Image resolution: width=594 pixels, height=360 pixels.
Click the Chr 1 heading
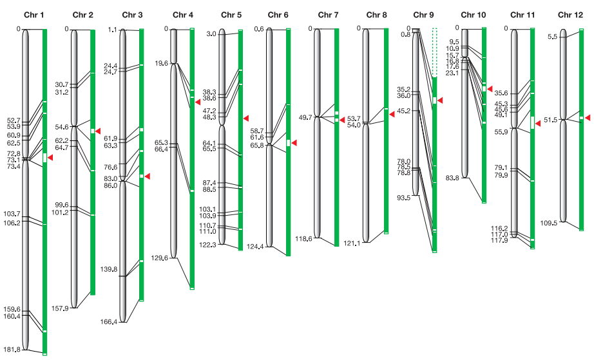34,15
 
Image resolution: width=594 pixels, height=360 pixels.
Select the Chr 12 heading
570,15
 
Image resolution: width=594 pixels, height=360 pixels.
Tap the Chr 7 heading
328,15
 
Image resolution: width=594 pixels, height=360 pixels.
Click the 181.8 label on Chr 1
12,349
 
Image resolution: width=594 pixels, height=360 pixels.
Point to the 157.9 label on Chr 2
60,308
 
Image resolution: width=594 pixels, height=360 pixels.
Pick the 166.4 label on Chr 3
109,322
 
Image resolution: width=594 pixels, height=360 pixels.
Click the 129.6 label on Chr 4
160,258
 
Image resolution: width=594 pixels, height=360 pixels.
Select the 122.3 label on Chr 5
207,245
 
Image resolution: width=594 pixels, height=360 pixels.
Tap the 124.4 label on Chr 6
255,247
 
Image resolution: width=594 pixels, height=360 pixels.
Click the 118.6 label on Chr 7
304,238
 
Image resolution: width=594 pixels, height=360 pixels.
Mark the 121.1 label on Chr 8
352,243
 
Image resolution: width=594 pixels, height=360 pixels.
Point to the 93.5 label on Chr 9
403,198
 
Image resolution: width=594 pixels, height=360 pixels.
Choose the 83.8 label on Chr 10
452,178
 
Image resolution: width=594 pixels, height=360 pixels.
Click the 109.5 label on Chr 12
548,223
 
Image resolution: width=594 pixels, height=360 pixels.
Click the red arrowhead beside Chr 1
50,158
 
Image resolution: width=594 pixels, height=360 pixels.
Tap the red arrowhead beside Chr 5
246,118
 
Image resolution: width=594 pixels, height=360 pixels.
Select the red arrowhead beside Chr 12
588,118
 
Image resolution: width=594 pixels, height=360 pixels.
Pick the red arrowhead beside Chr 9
440,100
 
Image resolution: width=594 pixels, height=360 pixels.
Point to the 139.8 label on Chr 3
109,269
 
